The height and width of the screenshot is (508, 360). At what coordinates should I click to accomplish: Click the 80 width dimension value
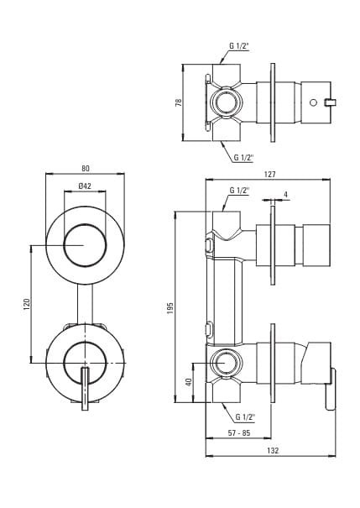[x=85, y=169]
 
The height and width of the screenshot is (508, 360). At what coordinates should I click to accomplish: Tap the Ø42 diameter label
[x=85, y=186]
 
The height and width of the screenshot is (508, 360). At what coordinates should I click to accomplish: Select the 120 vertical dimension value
[x=27, y=304]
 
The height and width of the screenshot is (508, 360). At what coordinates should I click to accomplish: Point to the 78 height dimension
[x=178, y=102]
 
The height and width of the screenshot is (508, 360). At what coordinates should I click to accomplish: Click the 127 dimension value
[x=269, y=175]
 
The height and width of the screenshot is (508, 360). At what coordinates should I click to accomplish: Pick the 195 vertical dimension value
[x=170, y=308]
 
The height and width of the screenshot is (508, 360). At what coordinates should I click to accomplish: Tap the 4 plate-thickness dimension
[x=285, y=195]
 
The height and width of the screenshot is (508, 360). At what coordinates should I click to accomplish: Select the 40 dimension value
[x=190, y=382]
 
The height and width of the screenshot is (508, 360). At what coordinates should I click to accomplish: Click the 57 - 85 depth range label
[x=239, y=432]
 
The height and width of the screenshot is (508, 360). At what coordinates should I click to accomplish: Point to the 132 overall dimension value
[x=273, y=450]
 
